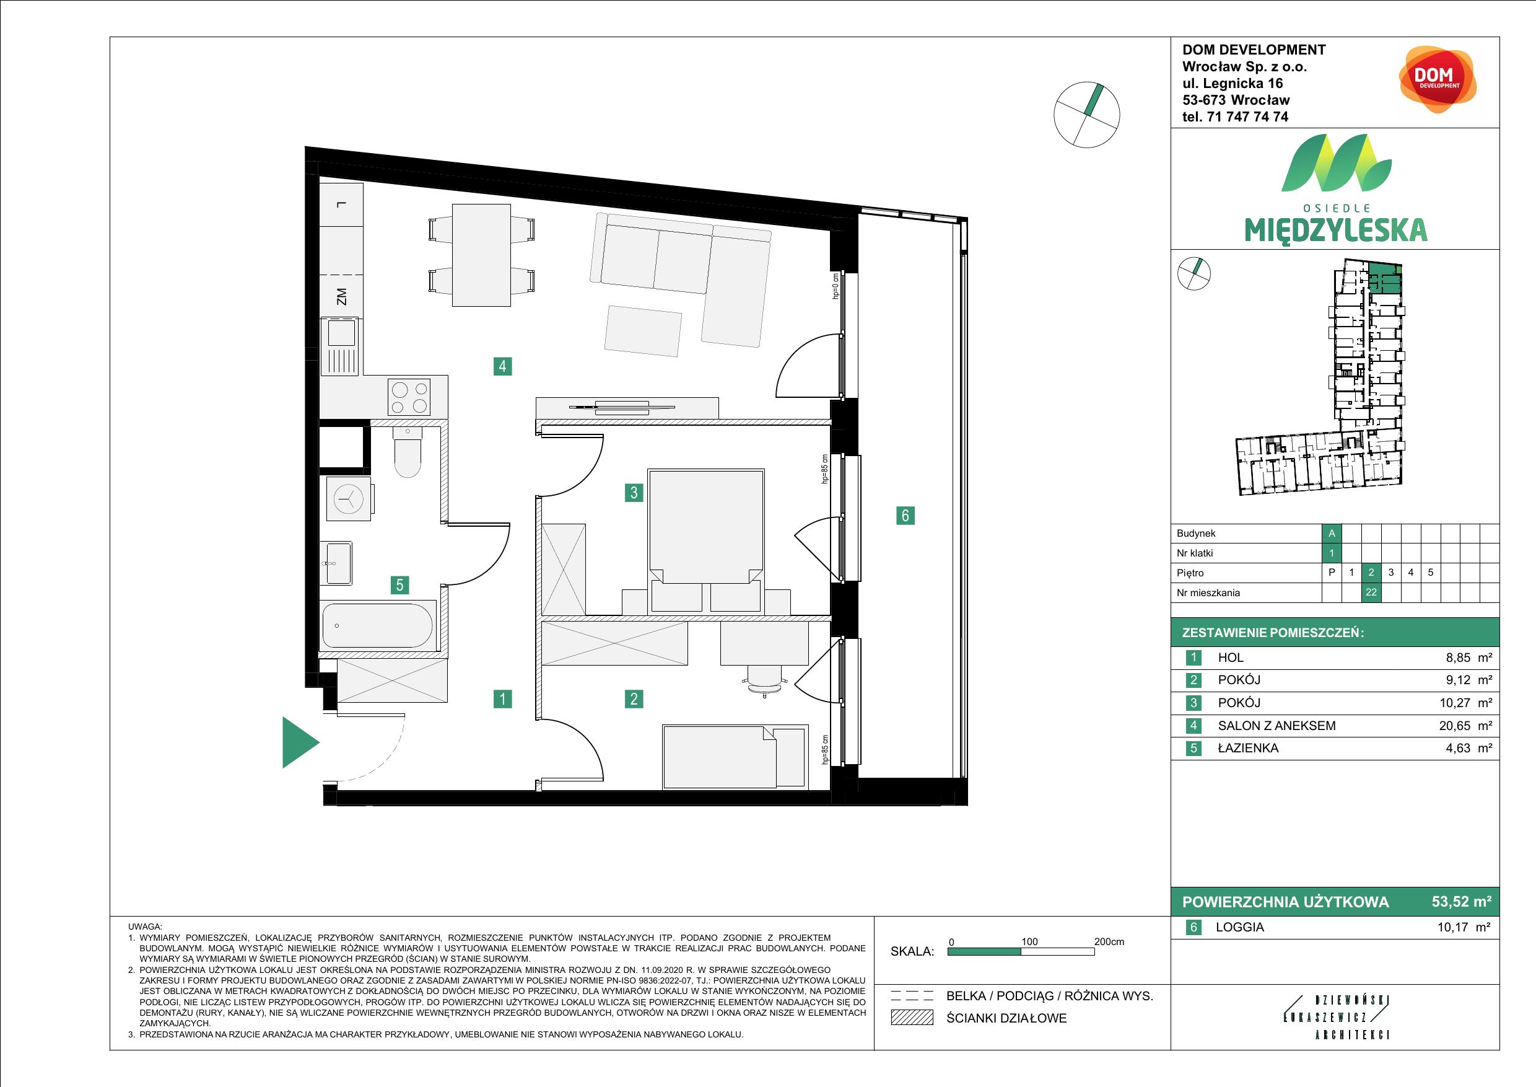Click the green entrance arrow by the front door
tap(299, 742)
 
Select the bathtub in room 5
tap(378, 626)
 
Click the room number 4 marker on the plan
tap(502, 366)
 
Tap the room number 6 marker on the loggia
tap(905, 515)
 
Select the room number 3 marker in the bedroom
tap(634, 493)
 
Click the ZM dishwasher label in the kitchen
tap(342, 296)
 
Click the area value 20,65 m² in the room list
tap(1468, 726)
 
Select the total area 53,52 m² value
tap(1461, 902)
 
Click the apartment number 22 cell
tap(1371, 592)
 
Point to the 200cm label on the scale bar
tap(1109, 941)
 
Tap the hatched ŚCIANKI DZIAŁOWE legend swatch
tap(912, 1018)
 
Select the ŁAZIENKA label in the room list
tap(1247, 748)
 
